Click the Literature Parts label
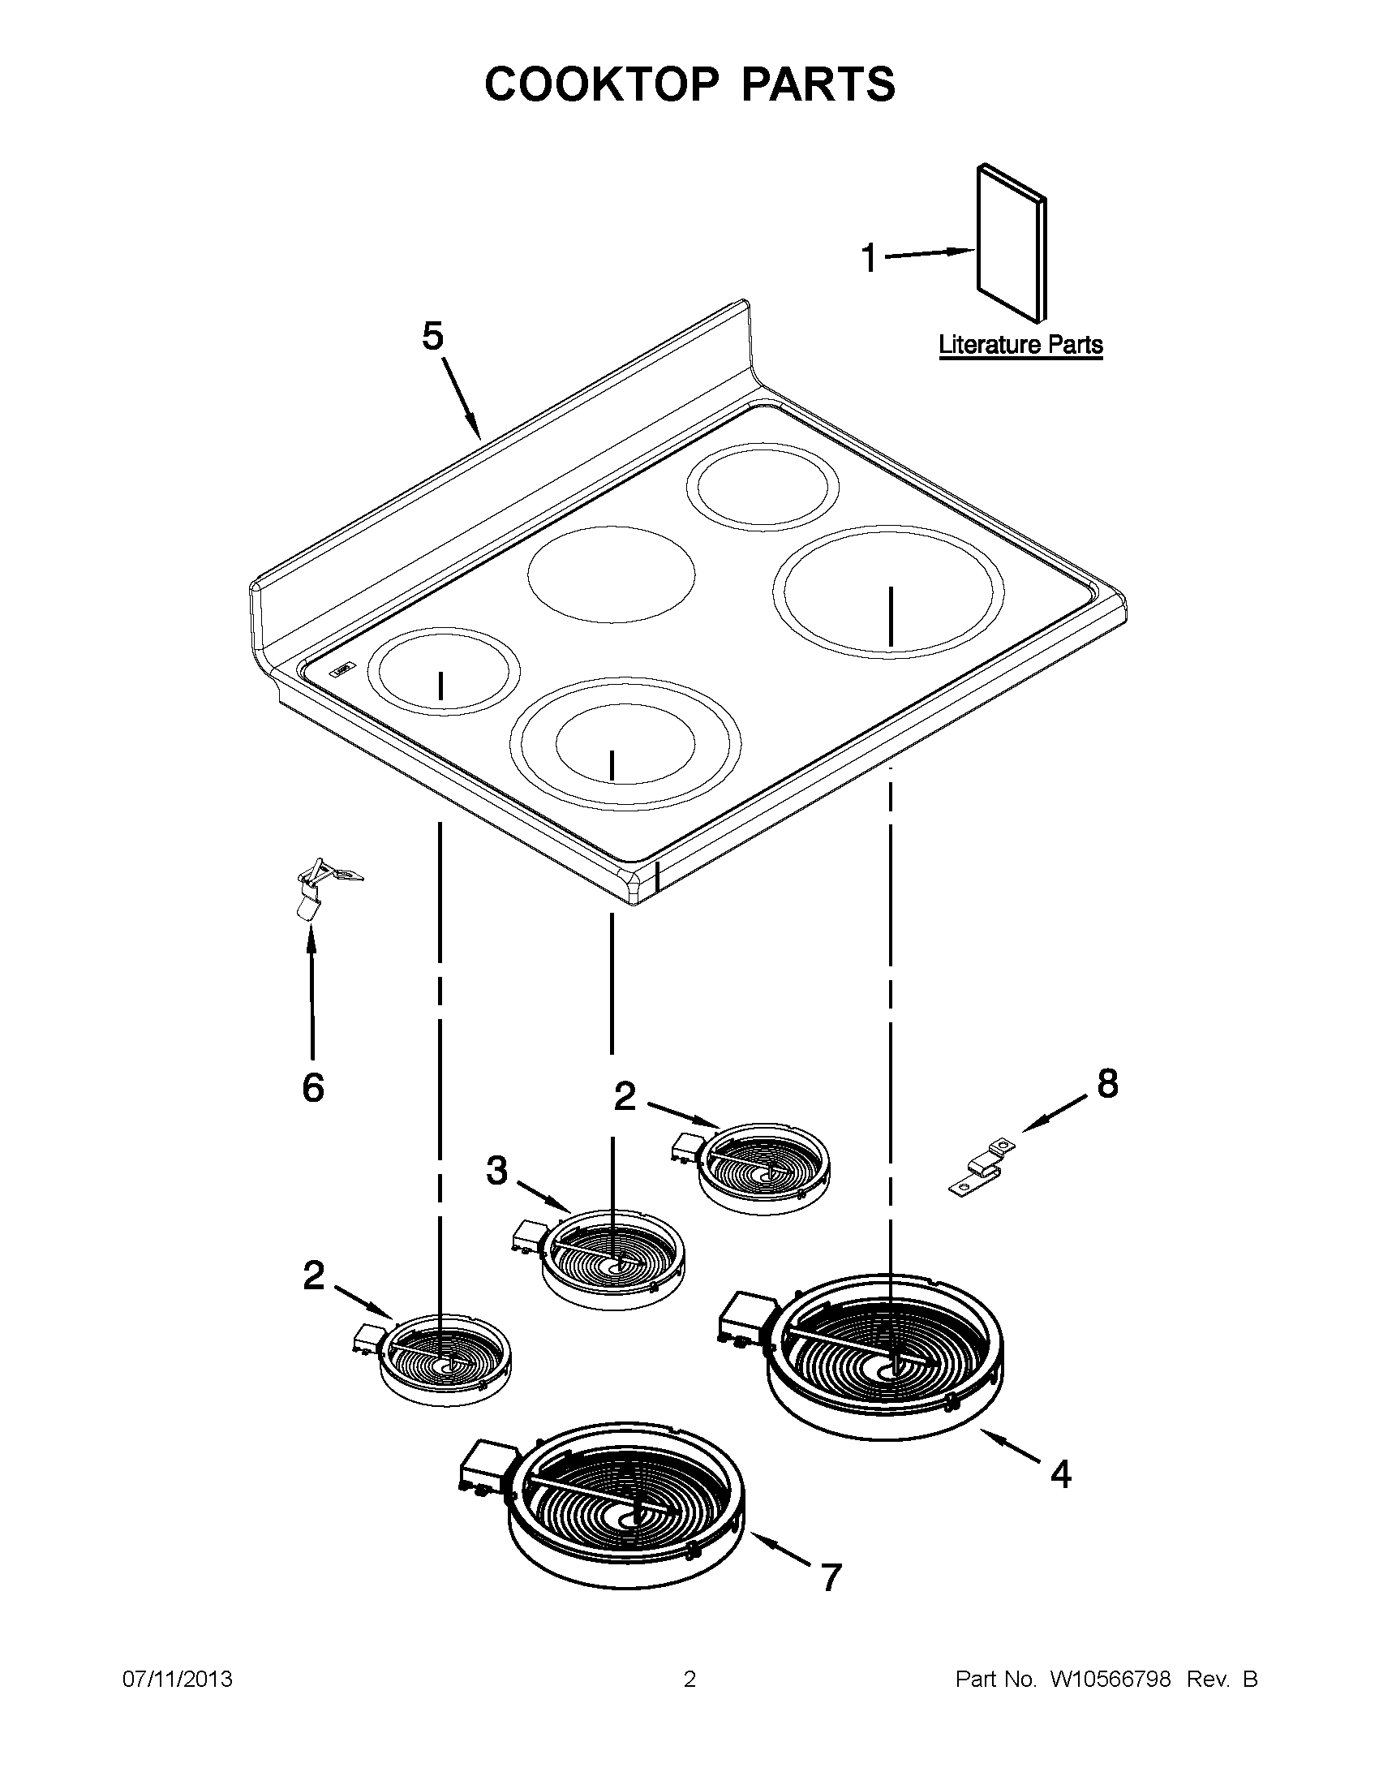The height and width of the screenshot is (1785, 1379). [x=1020, y=345]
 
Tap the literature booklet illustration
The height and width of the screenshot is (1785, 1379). [x=1011, y=243]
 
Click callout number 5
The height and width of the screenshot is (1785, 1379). [x=432, y=336]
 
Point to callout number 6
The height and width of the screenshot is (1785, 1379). [x=313, y=1088]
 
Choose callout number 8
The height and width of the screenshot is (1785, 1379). [x=1107, y=1085]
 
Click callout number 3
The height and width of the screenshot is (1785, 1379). [x=496, y=1170]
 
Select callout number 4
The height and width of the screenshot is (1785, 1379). [x=1060, y=1473]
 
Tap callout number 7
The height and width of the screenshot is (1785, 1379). [x=831, y=1578]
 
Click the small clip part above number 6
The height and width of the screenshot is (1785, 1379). [x=319, y=888]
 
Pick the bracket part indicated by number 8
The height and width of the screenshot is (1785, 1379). [x=982, y=1167]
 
